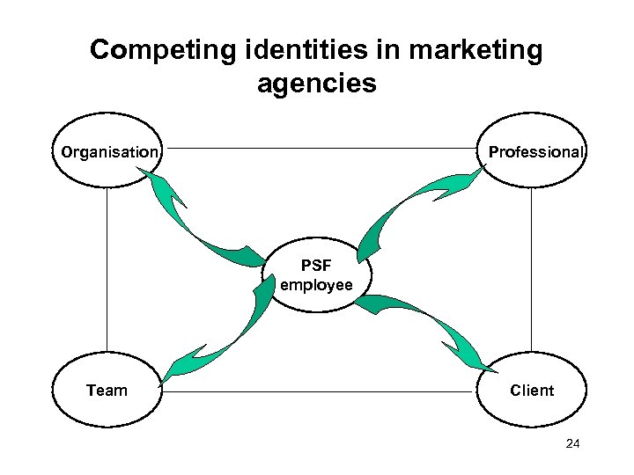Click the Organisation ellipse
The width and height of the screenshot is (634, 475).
[x=107, y=150]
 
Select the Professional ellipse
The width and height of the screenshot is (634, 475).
[x=533, y=150]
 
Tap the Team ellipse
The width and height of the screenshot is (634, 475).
[x=107, y=390]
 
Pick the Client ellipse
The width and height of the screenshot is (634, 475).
[x=532, y=390]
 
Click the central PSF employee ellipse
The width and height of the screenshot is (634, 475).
[x=316, y=275]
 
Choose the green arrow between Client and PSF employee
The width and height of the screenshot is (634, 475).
[x=423, y=321]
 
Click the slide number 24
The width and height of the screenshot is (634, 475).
[x=572, y=444]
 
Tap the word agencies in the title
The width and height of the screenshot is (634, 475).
[x=317, y=84]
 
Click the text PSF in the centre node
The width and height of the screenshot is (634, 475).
[x=316, y=265]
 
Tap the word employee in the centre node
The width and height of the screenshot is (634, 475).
[x=316, y=285]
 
